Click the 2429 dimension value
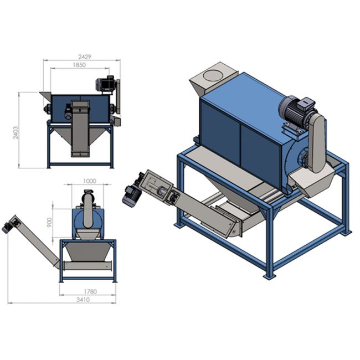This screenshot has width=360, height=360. coord(85,56)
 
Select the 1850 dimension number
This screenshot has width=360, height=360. coord(79,65)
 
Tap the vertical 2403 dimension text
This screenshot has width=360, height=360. coord(16,132)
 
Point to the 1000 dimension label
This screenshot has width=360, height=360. coord(90,181)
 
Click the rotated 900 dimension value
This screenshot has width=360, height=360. coord(50,222)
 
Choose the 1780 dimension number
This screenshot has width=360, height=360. coord(90,291)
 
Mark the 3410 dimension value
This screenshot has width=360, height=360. coord(83,300)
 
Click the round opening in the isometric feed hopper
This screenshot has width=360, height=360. coord(212,75)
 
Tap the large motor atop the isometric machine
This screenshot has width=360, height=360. coord(297,108)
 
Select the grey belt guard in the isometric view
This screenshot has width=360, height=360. coord(317,143)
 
